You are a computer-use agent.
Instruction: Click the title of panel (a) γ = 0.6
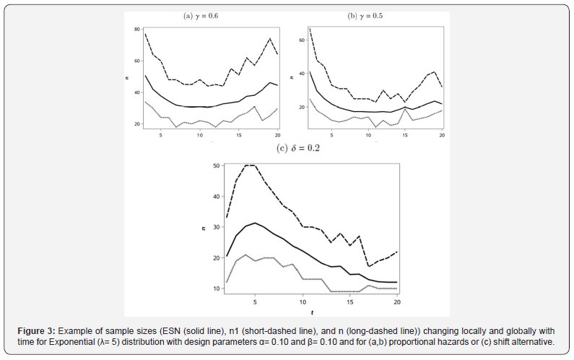click(x=199, y=15)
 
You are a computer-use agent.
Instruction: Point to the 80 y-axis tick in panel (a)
click(x=136, y=29)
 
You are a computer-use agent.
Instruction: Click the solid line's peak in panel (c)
click(x=255, y=223)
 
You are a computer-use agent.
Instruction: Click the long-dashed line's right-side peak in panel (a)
click(x=269, y=39)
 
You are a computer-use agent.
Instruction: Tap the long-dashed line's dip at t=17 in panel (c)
click(x=369, y=267)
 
